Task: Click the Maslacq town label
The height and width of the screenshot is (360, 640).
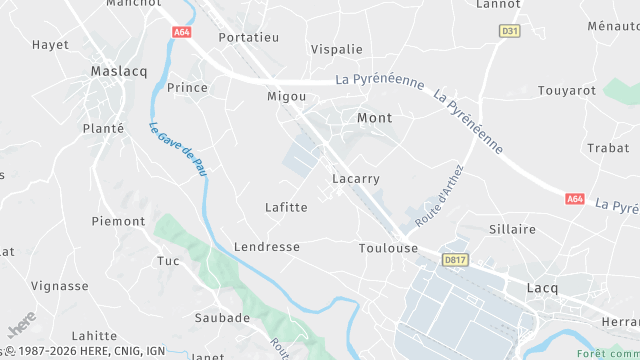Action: pyautogui.click(x=118, y=71)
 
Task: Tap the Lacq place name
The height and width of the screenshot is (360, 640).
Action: pyautogui.click(x=541, y=288)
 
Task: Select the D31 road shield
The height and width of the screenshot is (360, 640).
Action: pyautogui.click(x=510, y=31)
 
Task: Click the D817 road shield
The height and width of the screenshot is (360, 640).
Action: pyautogui.click(x=455, y=260)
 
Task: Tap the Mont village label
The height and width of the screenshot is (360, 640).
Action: pyautogui.click(x=374, y=118)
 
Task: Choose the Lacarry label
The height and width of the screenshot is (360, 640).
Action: pyautogui.click(x=355, y=179)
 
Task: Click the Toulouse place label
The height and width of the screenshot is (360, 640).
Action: pyautogui.click(x=388, y=248)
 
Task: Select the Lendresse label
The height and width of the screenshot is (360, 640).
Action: pyautogui.click(x=266, y=246)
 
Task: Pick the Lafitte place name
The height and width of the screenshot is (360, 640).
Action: pyautogui.click(x=286, y=207)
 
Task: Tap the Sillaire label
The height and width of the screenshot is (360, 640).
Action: pyautogui.click(x=512, y=229)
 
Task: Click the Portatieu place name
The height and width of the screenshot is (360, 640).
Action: pyautogui.click(x=248, y=37)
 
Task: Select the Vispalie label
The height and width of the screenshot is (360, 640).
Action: pyautogui.click(x=336, y=48)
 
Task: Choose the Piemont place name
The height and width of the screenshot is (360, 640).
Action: pyautogui.click(x=118, y=221)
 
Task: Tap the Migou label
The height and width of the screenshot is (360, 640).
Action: pyautogui.click(x=285, y=97)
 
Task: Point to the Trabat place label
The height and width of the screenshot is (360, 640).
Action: pyautogui.click(x=608, y=148)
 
